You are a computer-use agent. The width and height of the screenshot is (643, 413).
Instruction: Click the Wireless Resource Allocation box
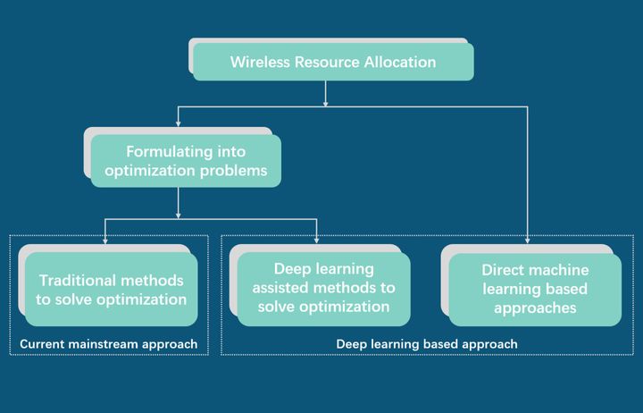pyautogui.click(x=333, y=63)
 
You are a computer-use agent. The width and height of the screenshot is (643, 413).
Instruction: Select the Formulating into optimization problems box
pyautogui.click(x=186, y=161)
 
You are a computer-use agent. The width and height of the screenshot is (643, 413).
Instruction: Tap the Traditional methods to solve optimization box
pyautogui.click(x=112, y=290)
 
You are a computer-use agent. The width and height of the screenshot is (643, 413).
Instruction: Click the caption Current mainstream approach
pyautogui.click(x=108, y=344)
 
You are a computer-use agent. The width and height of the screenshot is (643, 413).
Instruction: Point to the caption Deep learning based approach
pyautogui.click(x=427, y=344)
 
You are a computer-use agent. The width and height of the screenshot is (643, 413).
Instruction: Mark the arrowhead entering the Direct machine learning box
pyautogui.click(x=528, y=240)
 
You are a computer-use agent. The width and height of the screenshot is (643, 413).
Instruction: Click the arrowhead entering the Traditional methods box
pyautogui.click(x=105, y=240)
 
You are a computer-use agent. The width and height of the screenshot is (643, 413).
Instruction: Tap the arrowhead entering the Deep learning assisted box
pyautogui.click(x=317, y=240)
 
